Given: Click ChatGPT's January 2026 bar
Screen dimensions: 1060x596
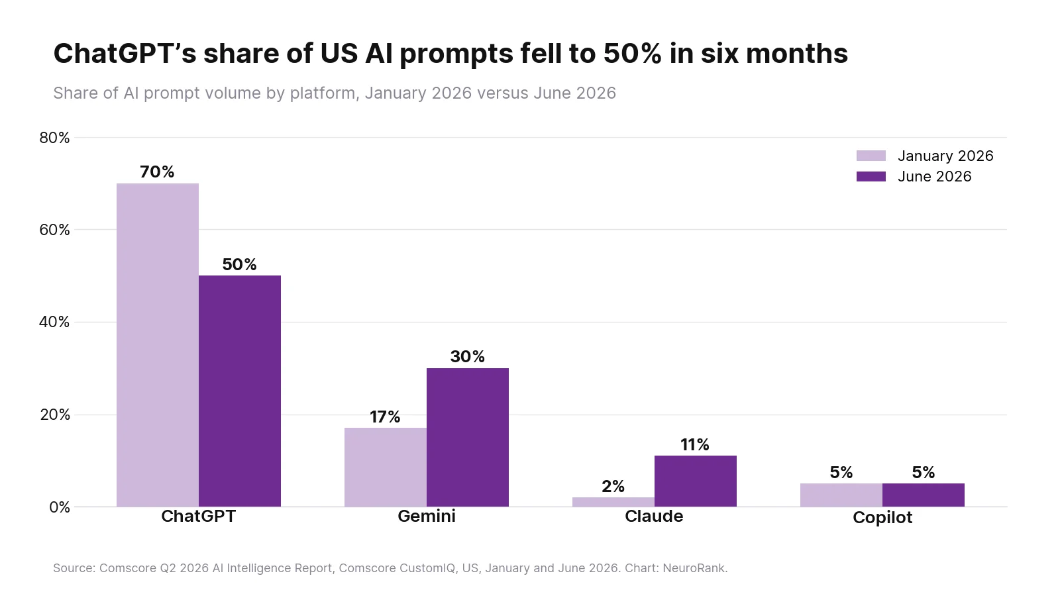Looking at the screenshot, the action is (x=158, y=345).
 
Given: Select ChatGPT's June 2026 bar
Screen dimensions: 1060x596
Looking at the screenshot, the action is (x=240, y=391).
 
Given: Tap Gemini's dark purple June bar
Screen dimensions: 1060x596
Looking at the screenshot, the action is (x=468, y=438).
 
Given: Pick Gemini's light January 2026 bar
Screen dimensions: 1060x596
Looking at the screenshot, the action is (x=386, y=468).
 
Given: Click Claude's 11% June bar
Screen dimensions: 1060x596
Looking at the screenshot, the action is (x=696, y=481).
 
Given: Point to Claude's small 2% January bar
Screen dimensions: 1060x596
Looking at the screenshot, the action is (x=613, y=502).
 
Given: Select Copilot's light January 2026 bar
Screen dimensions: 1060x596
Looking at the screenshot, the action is (x=841, y=495).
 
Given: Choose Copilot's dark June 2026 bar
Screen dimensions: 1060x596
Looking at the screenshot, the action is (x=924, y=495).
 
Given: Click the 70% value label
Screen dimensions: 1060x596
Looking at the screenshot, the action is (x=157, y=172).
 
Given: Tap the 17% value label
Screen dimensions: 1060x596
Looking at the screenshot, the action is (x=385, y=417).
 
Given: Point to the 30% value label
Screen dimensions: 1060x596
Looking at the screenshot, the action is (x=468, y=357).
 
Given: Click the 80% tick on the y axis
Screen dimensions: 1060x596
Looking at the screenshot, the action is (x=55, y=138).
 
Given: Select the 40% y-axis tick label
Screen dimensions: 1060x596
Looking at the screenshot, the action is (x=55, y=322).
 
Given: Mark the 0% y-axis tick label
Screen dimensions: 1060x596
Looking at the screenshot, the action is (x=60, y=507).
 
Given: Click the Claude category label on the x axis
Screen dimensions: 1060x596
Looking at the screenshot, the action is (x=654, y=516).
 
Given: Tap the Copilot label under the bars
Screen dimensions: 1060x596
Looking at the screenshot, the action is (x=882, y=517).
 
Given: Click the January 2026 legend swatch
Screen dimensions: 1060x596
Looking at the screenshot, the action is (x=871, y=156).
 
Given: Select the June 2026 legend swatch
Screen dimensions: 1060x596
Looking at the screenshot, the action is (x=871, y=176).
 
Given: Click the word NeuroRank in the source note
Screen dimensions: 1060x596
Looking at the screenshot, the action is (x=695, y=568).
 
